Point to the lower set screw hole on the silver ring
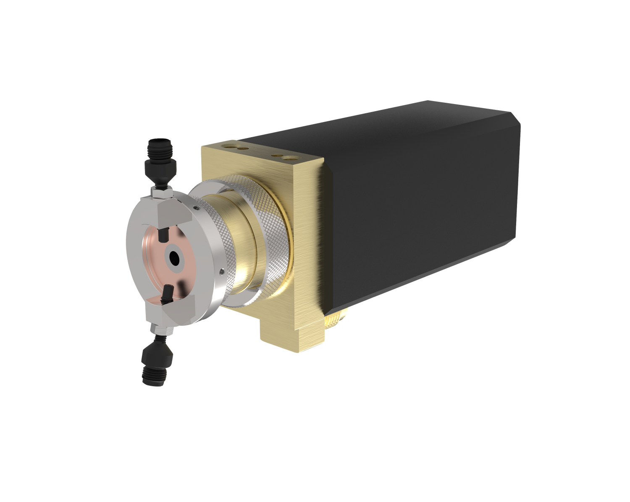(220, 273)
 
